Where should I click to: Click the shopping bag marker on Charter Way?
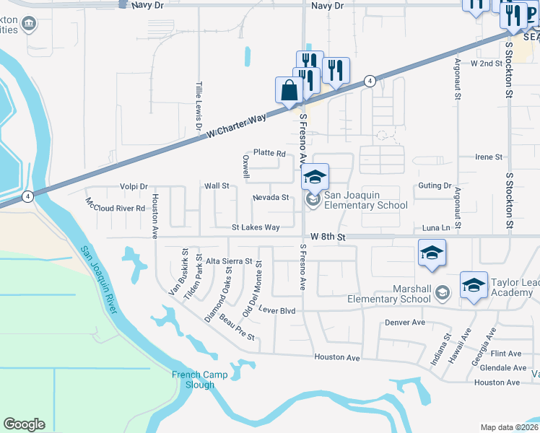point(289,91)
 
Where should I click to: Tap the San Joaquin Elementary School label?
point(365,200)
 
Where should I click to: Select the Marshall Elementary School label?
point(388,294)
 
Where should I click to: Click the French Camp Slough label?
point(199,380)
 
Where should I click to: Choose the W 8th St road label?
point(328,237)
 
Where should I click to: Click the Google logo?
point(24,424)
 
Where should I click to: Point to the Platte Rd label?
point(269,154)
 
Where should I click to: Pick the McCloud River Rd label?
point(115,204)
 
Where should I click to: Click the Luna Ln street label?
point(435,228)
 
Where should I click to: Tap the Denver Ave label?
point(405,323)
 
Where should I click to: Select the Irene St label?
point(489,157)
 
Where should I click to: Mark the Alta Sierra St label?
point(229,261)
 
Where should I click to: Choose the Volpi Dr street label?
point(134,185)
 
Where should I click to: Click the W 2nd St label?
point(486,64)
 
